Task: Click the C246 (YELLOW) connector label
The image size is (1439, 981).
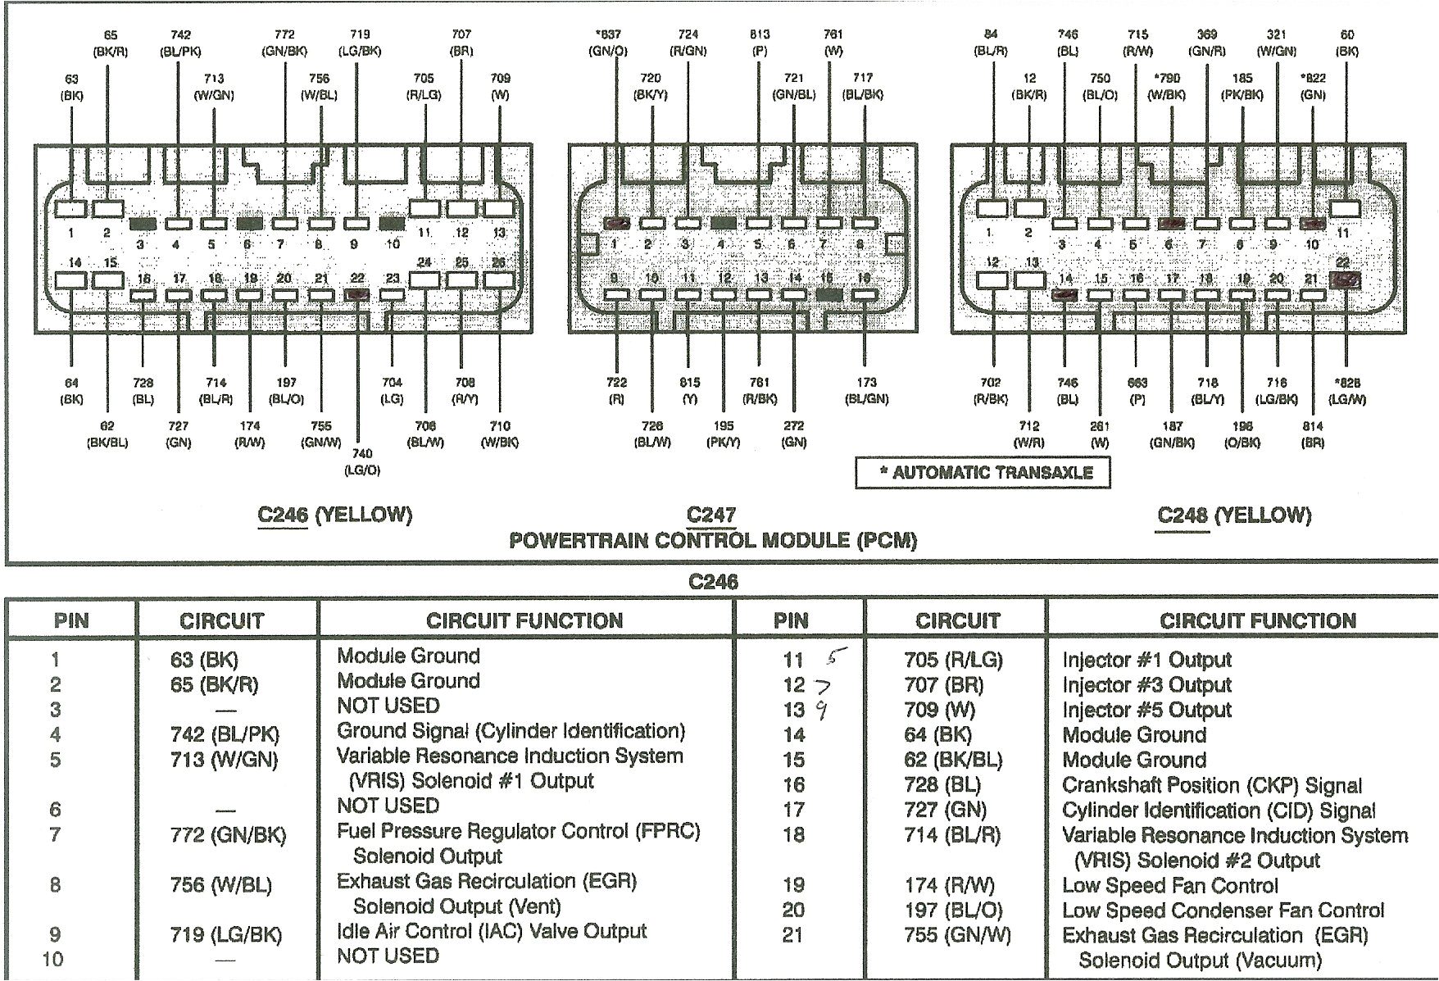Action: pyautogui.click(x=334, y=515)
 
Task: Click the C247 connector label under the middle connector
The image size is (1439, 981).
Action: pyautogui.click(x=711, y=515)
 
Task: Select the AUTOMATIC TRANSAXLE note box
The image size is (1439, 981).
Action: pyautogui.click(x=983, y=473)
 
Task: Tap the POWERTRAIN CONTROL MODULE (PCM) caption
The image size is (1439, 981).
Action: pyautogui.click(x=713, y=541)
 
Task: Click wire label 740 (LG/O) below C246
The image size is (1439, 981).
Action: pyautogui.click(x=361, y=461)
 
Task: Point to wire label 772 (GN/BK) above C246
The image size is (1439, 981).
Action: pyautogui.click(x=284, y=43)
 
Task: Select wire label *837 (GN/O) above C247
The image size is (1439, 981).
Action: pyautogui.click(x=607, y=43)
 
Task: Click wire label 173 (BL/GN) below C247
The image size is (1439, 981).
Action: pyautogui.click(x=866, y=391)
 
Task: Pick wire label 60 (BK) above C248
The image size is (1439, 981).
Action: pyautogui.click(x=1346, y=43)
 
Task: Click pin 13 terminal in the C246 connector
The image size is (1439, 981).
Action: pyautogui.click(x=497, y=209)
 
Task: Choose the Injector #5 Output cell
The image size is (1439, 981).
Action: pyautogui.click(x=1146, y=711)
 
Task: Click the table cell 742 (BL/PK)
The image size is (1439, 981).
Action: pyautogui.click(x=225, y=735)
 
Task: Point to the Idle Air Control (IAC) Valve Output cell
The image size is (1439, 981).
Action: pyautogui.click(x=491, y=932)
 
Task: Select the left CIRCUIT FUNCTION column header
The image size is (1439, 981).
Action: pyautogui.click(x=524, y=620)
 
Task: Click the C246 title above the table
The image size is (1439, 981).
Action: pyautogui.click(x=713, y=582)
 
